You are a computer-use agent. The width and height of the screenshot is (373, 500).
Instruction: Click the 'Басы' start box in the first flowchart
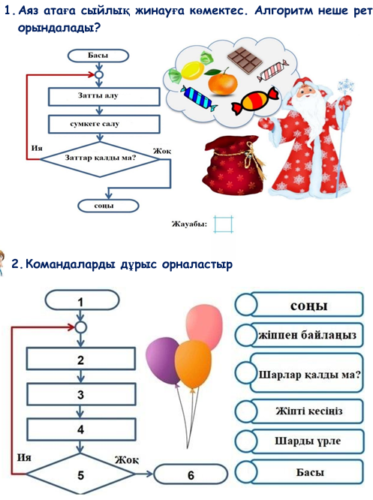98,56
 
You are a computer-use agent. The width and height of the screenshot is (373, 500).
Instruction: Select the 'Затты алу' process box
104,97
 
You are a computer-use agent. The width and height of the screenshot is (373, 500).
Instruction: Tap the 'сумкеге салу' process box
104,124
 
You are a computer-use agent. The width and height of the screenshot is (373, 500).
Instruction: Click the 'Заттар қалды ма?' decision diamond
100,159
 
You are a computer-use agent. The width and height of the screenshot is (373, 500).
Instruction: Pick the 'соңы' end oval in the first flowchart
108,206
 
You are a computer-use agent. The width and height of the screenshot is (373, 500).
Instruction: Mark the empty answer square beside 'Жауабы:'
223,224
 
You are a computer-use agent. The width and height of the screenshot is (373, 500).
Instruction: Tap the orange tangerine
223,82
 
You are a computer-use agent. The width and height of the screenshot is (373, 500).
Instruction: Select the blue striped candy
198,98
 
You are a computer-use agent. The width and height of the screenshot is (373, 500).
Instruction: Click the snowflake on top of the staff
345,86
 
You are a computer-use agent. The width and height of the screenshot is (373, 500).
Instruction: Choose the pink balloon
204,323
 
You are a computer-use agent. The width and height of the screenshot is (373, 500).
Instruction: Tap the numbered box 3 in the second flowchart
80,395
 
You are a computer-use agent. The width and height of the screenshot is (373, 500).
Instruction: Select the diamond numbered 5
80,474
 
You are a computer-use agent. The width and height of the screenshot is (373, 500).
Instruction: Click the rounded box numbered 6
191,474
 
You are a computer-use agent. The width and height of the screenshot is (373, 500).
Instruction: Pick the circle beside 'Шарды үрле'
246,441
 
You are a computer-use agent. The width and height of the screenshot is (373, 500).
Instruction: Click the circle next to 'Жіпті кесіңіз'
246,411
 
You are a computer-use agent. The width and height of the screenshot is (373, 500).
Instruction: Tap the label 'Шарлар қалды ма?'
309,374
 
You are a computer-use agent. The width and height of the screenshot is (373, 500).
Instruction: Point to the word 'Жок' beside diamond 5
127,459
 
